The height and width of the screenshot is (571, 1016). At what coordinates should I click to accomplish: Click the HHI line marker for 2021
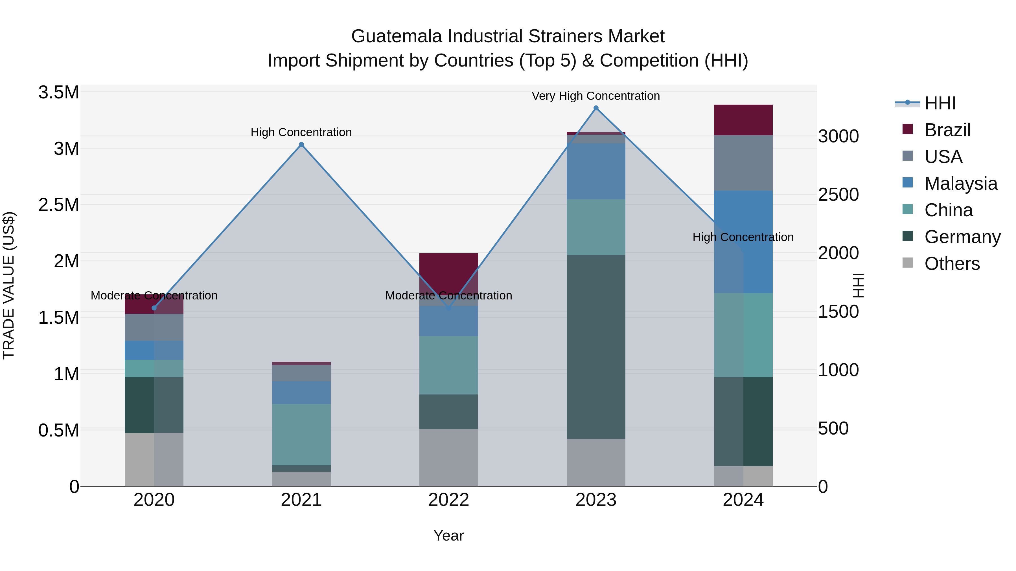pos(301,145)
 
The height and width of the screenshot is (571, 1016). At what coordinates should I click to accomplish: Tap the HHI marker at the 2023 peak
pos(596,108)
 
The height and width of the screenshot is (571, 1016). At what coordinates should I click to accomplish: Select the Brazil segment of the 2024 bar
pos(743,120)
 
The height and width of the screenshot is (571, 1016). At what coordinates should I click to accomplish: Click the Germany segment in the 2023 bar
pos(596,347)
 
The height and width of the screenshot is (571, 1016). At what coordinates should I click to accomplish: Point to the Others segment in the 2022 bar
pos(448,457)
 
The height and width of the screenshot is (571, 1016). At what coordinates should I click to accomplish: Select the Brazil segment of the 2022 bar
pos(448,272)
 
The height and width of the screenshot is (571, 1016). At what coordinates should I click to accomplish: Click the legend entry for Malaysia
pos(960,184)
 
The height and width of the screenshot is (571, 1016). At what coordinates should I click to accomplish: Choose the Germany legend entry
pos(962,237)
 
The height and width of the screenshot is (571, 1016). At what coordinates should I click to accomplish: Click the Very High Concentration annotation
pos(595,96)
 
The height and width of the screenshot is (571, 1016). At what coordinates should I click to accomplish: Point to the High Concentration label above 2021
pos(301,133)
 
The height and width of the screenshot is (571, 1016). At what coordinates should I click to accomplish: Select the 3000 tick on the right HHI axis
pos(838,136)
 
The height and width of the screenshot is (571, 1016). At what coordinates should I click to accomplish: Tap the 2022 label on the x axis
pos(448,500)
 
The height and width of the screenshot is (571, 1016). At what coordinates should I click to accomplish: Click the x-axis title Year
pos(448,535)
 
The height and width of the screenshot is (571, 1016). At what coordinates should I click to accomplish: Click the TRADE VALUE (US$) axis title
pos(9,285)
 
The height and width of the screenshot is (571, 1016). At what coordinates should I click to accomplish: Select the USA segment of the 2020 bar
pos(154,327)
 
